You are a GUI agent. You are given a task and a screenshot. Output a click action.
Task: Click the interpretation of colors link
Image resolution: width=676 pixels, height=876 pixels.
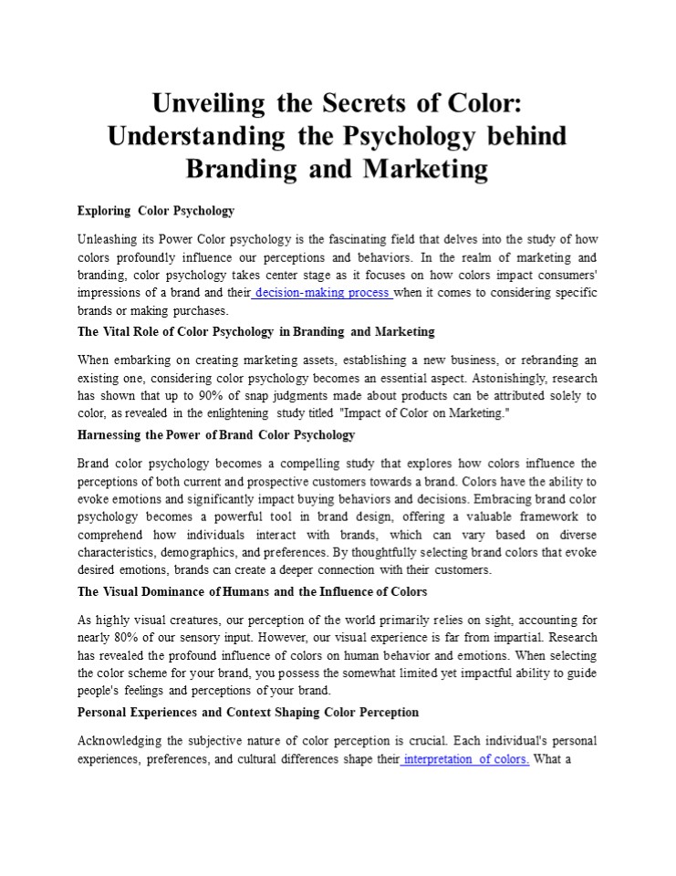pyautogui.click(x=466, y=759)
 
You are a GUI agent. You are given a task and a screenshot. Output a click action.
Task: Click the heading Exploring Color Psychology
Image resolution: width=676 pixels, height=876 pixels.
pyautogui.click(x=156, y=211)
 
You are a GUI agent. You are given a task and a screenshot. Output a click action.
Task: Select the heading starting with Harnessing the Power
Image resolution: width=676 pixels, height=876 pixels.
pyautogui.click(x=216, y=434)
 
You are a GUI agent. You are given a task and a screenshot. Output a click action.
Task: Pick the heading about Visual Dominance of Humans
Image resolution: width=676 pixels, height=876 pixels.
pyautogui.click(x=253, y=591)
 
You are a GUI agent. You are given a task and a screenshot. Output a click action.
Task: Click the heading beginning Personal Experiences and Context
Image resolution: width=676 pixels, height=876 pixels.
pyautogui.click(x=248, y=712)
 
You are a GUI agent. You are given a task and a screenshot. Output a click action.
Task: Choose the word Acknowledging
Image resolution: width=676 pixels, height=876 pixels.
pyautogui.click(x=122, y=740)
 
